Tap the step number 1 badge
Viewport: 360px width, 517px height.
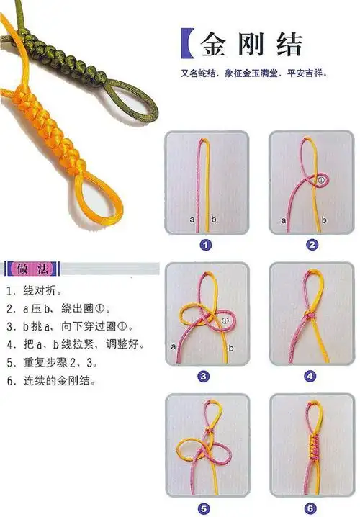(x=206, y=245)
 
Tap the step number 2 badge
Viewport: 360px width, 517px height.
(x=311, y=245)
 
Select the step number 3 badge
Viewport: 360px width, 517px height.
(x=204, y=376)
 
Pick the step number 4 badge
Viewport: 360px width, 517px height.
(x=310, y=376)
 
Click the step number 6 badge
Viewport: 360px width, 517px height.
(x=311, y=506)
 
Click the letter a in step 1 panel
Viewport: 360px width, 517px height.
(x=192, y=219)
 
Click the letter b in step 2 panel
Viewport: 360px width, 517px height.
(x=325, y=220)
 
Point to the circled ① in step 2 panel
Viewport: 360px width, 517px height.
(x=323, y=179)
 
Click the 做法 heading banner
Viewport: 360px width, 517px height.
(x=32, y=269)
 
